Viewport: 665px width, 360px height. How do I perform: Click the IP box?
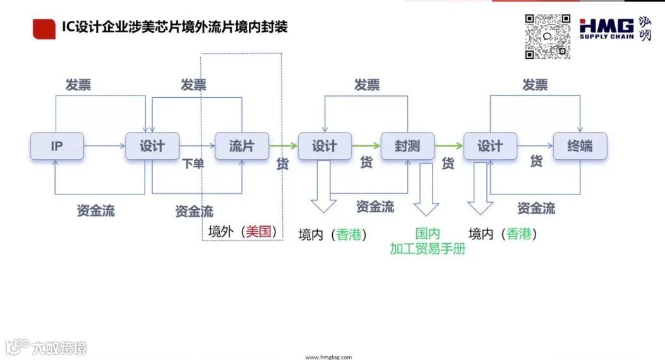point(56,146)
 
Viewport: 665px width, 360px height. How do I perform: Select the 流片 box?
point(242,146)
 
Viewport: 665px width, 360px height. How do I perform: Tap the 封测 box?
point(407,146)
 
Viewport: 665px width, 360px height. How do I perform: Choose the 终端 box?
point(580,146)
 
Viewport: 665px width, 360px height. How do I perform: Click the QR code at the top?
point(548,37)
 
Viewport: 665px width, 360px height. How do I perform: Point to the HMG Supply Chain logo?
point(607,29)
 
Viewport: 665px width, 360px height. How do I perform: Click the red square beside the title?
point(43,28)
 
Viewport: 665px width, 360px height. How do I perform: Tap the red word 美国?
point(260,231)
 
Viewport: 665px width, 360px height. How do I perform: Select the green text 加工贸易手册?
point(428,248)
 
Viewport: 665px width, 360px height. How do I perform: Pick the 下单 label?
point(193,164)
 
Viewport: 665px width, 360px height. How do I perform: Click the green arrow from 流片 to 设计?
point(283,146)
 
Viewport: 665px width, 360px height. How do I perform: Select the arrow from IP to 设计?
point(104,146)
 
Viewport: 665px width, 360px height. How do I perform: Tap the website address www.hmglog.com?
point(328,357)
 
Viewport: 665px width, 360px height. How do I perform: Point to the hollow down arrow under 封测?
point(426,189)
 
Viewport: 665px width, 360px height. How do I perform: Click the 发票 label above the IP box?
point(78,85)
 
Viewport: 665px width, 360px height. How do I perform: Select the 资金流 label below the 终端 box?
point(536,208)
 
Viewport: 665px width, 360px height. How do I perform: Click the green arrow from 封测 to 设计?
point(449,146)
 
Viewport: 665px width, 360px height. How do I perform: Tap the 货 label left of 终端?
point(536,162)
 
